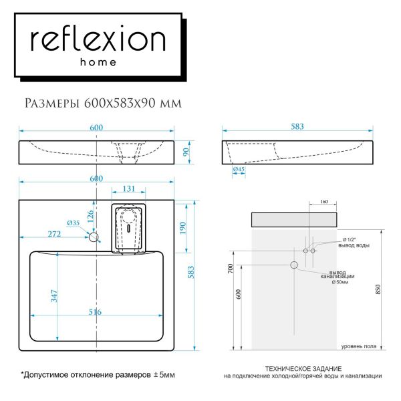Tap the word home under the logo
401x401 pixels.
[x=98, y=62]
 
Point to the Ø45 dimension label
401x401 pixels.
[x=238, y=170]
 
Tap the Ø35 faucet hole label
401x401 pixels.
[x=73, y=223]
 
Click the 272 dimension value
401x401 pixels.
[x=54, y=233]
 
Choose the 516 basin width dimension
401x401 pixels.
[x=98, y=311]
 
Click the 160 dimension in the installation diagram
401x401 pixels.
[x=323, y=201]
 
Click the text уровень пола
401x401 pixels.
[x=362, y=346]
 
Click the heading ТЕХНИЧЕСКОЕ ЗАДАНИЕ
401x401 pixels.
[x=303, y=369]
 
